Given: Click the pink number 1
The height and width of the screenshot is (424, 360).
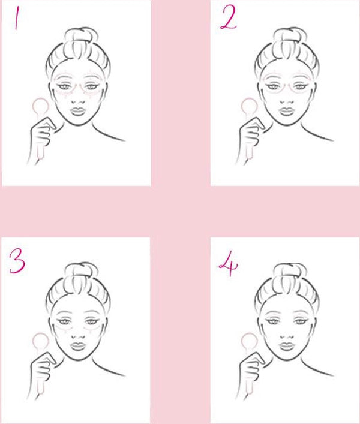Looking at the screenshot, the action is pyautogui.click(x=17, y=18).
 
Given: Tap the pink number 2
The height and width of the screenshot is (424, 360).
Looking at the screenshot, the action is pyautogui.click(x=229, y=17).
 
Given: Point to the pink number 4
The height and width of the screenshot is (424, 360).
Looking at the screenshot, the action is pyautogui.click(x=229, y=264).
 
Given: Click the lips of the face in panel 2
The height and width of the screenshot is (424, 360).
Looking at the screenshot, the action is pyautogui.click(x=286, y=112).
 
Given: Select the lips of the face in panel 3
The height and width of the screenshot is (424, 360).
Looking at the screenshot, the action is pyautogui.click(x=78, y=347).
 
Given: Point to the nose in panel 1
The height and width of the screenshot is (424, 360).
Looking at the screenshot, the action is pyautogui.click(x=78, y=101).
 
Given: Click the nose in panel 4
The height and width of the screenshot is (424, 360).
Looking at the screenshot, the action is pyautogui.click(x=287, y=336).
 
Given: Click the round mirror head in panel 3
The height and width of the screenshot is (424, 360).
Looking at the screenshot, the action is pyautogui.click(x=41, y=342).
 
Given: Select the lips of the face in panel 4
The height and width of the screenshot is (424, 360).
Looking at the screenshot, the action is pyautogui.click(x=286, y=347).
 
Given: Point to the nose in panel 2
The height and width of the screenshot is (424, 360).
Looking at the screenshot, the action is pyautogui.click(x=287, y=101).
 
